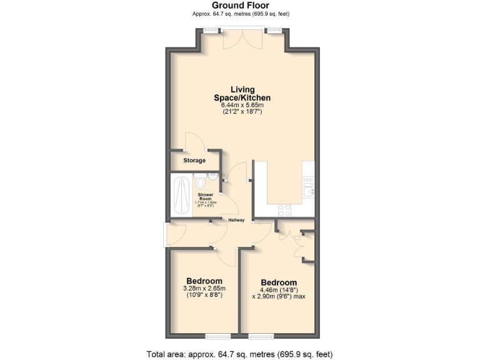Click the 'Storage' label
tap(194, 161)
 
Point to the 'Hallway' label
tap(236, 220)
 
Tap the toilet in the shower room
tap(200, 182)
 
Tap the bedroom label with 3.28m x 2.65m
tap(204, 280)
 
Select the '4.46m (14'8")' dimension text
tap(278, 290)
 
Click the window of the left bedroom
tap(218, 336)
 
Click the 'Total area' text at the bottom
tap(240, 354)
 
